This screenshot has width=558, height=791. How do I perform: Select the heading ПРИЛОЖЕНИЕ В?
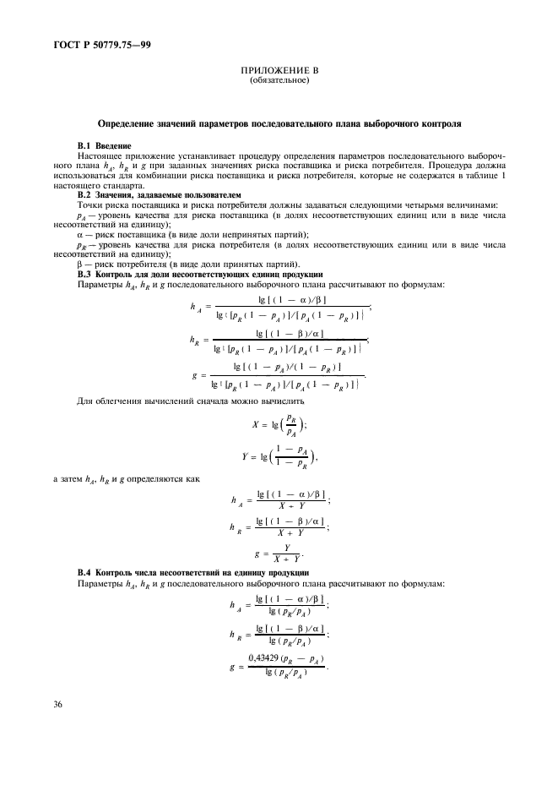click(279, 72)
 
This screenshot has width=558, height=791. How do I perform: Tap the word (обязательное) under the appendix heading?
click(279, 81)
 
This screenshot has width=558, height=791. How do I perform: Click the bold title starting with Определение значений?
click(279, 123)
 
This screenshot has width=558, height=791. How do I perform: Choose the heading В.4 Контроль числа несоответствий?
click(198, 574)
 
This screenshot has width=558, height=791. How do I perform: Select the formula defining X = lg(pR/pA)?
click(279, 424)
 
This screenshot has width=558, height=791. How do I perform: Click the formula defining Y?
click(279, 458)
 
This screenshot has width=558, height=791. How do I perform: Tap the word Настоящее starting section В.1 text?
click(100, 156)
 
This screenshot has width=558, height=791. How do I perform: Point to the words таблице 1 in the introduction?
click(489, 175)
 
